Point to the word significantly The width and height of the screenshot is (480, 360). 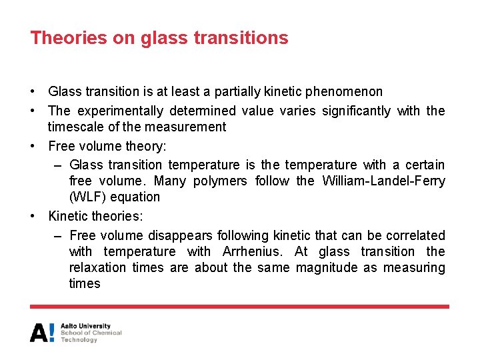(356, 111)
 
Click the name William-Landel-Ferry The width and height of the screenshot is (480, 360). (384, 181)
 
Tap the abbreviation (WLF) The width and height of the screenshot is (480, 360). (86, 197)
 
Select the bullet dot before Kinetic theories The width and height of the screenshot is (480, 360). (33, 216)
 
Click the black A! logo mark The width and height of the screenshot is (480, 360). (42, 332)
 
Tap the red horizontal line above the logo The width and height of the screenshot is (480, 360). (240, 307)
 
